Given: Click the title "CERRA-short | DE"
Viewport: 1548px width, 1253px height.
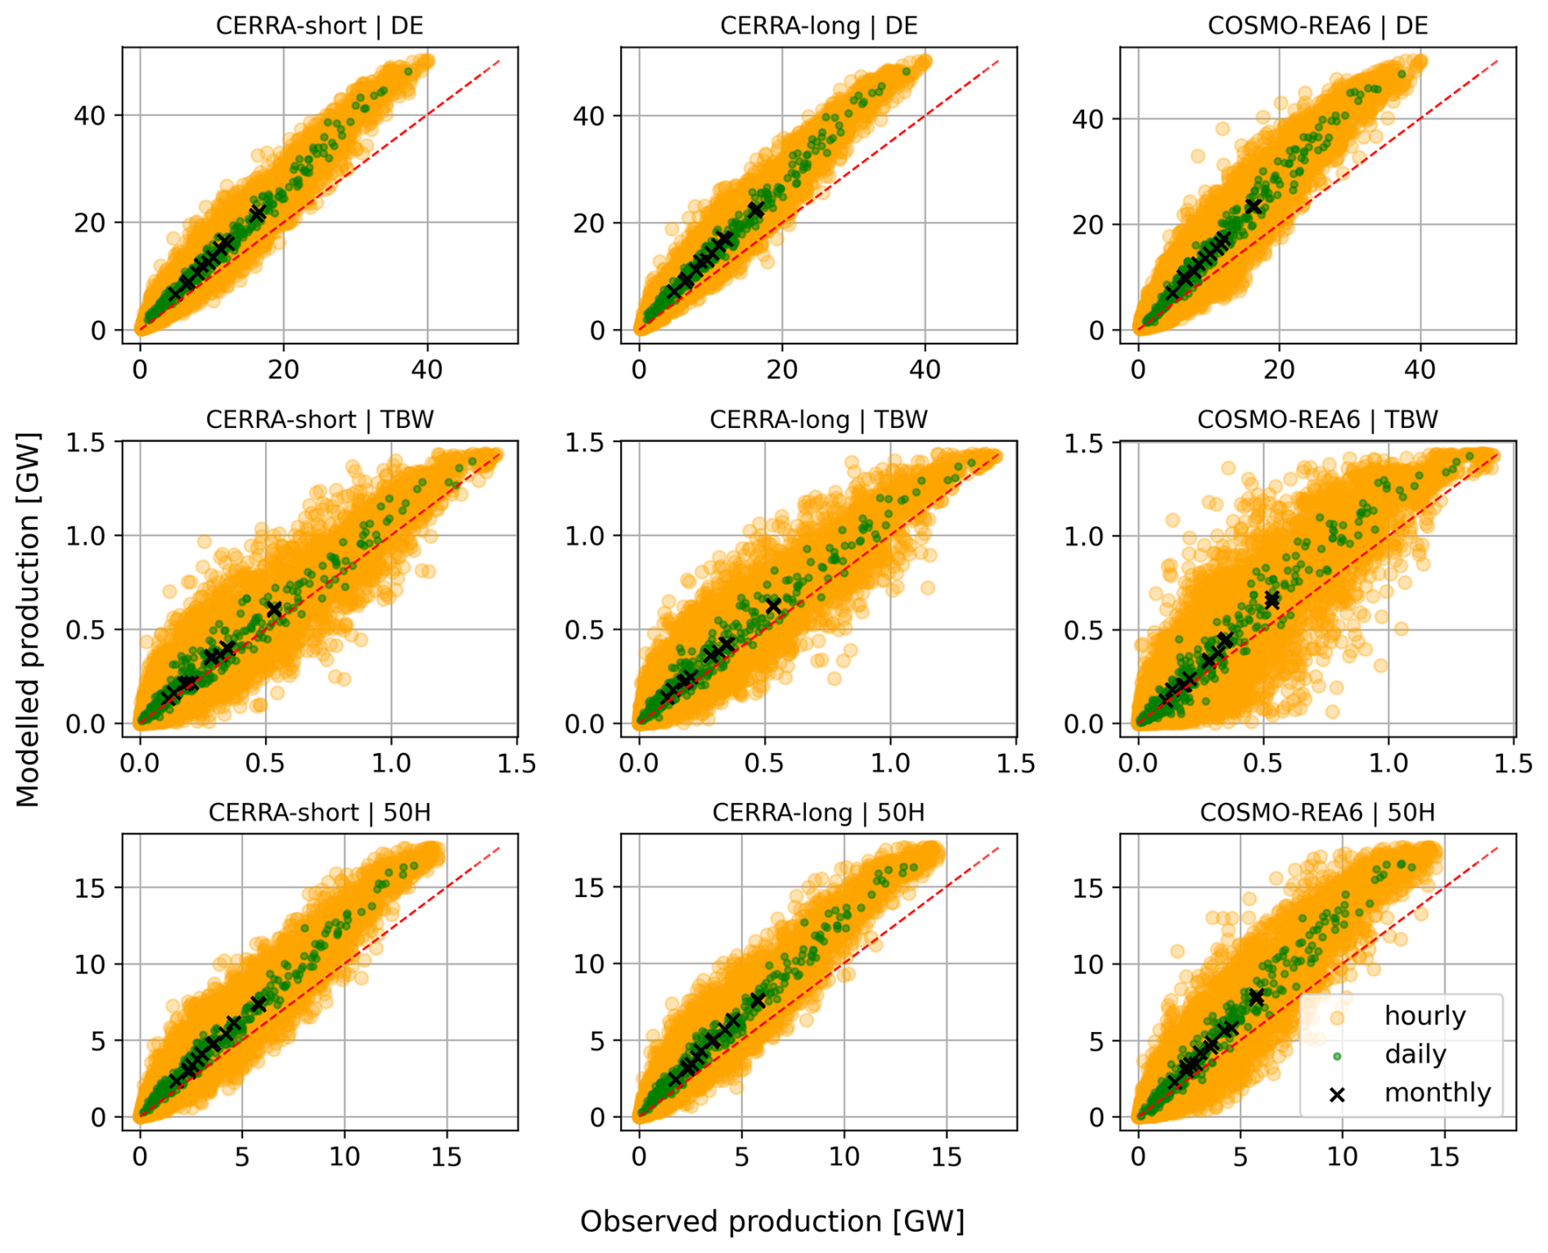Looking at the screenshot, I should (x=319, y=25).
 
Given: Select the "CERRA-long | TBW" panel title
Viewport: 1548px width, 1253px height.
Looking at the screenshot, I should (x=818, y=420).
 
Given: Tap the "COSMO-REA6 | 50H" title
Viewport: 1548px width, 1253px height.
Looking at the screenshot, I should (x=1317, y=813).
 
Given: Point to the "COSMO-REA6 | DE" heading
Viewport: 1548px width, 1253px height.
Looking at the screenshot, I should (x=1317, y=25).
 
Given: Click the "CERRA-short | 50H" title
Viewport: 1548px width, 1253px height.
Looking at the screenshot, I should (x=319, y=813).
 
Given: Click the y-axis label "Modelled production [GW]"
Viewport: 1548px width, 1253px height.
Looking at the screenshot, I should (x=28, y=620).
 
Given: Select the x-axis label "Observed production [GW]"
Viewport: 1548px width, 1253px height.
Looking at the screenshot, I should (x=772, y=1221).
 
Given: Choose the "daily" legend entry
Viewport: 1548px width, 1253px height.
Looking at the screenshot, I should (x=1415, y=1054).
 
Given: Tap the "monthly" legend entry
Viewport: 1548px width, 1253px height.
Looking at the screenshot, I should (x=1437, y=1093).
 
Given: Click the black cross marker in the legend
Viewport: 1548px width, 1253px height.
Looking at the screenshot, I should (x=1337, y=1094).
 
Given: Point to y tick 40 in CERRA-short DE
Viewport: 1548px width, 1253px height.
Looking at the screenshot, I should (x=90, y=115).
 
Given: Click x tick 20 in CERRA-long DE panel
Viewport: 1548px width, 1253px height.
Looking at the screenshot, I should (x=782, y=369).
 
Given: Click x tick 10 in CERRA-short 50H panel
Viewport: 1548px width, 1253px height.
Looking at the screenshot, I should (x=344, y=1156).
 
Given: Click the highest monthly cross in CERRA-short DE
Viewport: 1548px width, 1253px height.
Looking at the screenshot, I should (x=258, y=214).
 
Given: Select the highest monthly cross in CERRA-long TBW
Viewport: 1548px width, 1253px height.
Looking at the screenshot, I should (x=772, y=606).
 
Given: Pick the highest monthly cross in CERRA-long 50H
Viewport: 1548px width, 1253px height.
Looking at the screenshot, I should (x=758, y=1001).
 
